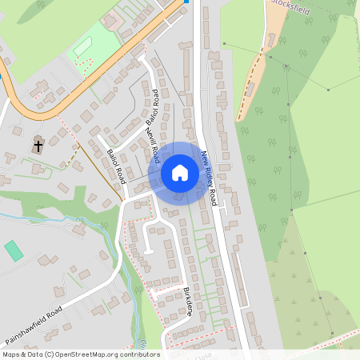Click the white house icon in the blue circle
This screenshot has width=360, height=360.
[x=179, y=172]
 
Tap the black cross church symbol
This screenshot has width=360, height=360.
[x=38, y=146]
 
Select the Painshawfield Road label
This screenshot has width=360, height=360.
[x=33, y=322]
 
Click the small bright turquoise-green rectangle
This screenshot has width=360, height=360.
[x=14, y=250]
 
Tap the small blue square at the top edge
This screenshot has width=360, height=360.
[x=186, y=2]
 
